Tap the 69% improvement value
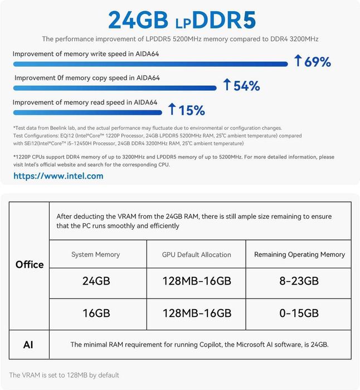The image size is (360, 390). [313, 61]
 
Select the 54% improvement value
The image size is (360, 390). [241, 85]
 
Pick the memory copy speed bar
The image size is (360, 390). [114, 88]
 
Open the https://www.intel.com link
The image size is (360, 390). [59, 176]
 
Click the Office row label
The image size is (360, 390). [30, 264]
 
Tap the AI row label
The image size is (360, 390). [28, 345]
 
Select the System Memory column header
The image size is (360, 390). [96, 254]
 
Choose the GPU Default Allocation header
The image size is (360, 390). [196, 254]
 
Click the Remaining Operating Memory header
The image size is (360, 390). [299, 254]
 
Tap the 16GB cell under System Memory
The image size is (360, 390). [96, 313]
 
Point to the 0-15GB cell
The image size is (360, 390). [299, 313]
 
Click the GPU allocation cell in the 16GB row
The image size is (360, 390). [196, 313]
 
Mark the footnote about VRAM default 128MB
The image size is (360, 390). [64, 375]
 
